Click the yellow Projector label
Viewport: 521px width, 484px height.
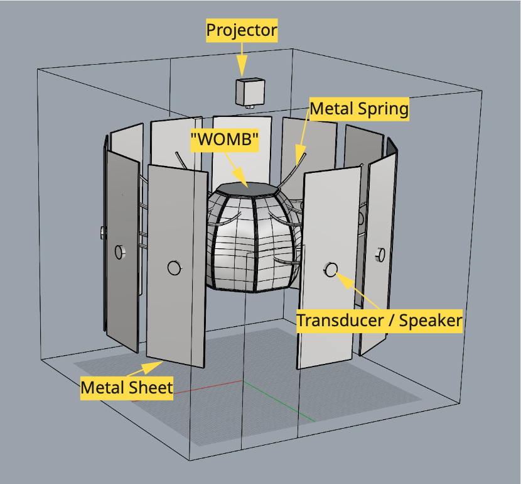[x=242, y=30]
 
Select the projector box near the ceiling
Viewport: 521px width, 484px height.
[x=249, y=92]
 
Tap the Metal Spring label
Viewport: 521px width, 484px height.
[x=359, y=109]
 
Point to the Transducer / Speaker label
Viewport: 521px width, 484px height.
[x=379, y=321]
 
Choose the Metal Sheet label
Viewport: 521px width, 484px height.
[x=126, y=388]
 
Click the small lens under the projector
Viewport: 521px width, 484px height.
[x=249, y=107]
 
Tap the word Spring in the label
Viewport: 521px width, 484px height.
[x=384, y=109]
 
